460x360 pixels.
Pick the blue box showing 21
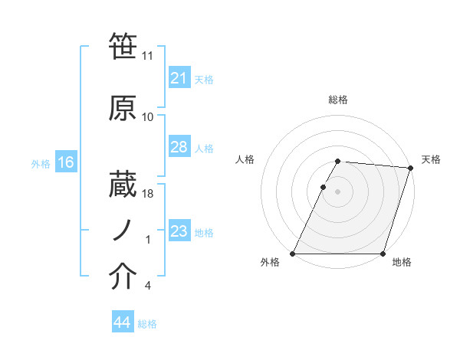pos(179,77)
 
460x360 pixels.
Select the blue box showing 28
pos(179,147)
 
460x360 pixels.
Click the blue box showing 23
pos(179,231)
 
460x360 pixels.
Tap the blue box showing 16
pos(65,162)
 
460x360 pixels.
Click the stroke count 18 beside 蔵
pos(148,194)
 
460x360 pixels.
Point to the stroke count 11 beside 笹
pos(148,56)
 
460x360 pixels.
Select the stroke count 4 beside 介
pos(147,286)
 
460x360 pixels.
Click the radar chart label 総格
pos(337,100)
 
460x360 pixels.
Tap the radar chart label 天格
pos(431,159)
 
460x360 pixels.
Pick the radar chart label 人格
pos(245,159)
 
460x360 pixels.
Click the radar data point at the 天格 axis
pos(410,168)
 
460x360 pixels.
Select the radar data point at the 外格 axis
pos(293,254)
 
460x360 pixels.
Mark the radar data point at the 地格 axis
pos(383,254)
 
